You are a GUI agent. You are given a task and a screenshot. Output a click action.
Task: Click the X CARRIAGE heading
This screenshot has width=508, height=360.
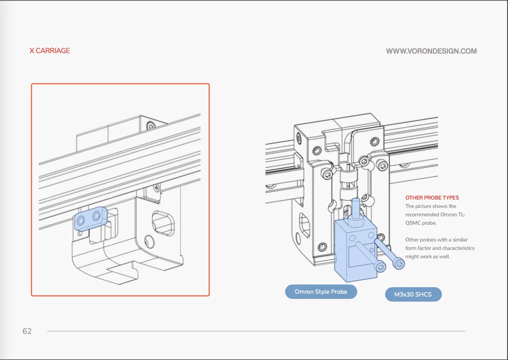point(49,50)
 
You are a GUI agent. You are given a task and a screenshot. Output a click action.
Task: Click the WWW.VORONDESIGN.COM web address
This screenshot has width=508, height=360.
point(431,51)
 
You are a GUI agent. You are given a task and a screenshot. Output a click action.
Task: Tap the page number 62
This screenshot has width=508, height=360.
point(27,331)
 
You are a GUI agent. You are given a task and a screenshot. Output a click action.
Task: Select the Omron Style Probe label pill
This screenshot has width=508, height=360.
point(321,292)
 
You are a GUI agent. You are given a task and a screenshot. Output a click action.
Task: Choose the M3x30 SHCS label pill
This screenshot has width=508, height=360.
point(413,294)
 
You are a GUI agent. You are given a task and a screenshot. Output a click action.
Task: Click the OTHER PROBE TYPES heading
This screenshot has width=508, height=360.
point(432,197)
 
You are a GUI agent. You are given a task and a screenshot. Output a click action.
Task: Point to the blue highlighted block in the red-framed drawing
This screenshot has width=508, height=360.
point(90,218)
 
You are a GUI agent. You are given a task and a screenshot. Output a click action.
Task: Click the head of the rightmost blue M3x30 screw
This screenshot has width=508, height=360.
point(399,264)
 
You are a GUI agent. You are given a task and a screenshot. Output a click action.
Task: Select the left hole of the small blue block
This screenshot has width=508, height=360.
point(80,221)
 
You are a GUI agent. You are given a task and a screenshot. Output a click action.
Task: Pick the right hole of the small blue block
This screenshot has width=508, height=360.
point(97,215)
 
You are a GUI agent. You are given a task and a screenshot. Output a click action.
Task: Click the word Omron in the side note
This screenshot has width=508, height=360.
point(448,215)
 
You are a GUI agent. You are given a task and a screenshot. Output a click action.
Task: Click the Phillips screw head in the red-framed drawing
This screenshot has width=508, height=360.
point(156,187)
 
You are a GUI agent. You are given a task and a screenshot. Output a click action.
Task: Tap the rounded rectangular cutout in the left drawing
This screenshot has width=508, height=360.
point(163,223)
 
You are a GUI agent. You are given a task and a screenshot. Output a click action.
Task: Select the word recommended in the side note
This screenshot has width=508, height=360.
point(422,215)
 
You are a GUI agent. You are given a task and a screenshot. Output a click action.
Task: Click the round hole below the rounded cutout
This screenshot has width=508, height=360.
point(149,242)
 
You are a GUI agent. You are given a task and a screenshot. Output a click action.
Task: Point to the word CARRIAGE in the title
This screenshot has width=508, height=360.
point(53,50)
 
